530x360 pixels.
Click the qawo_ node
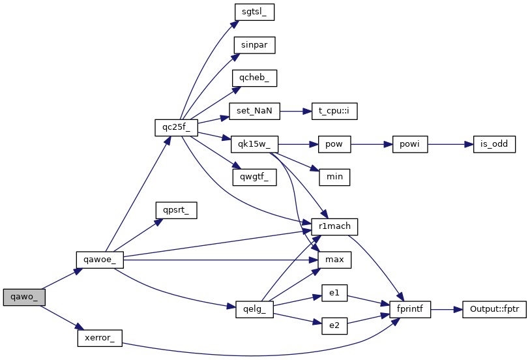click(x=24, y=297)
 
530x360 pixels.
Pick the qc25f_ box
click(x=176, y=127)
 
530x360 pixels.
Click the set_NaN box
click(x=254, y=112)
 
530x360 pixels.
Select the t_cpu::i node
click(x=334, y=112)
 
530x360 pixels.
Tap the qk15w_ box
click(x=254, y=143)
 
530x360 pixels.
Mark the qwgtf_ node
click(x=254, y=176)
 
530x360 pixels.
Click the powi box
click(x=410, y=143)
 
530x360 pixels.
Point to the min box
click(x=334, y=176)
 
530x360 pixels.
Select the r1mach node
click(x=334, y=226)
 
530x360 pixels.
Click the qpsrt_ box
click(x=176, y=210)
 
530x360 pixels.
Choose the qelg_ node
click(x=254, y=309)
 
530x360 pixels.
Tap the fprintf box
click(x=410, y=309)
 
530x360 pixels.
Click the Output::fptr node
click(x=493, y=309)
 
